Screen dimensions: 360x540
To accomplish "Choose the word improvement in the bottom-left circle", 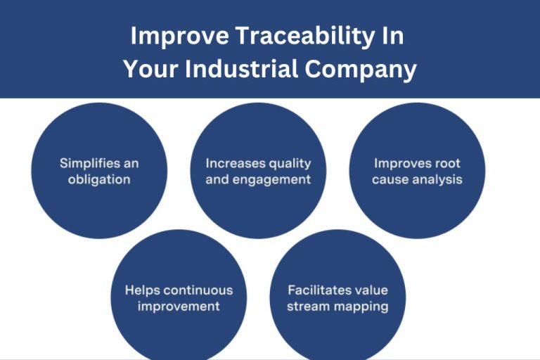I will tap(179, 306).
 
